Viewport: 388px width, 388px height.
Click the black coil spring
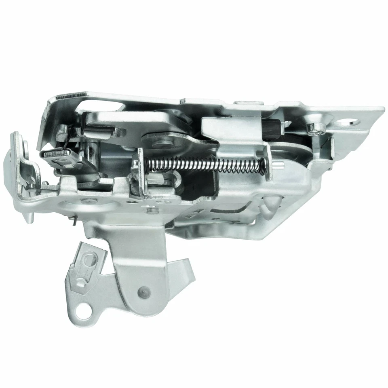tap(206, 164)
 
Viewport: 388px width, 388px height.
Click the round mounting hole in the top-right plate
tap(351, 121)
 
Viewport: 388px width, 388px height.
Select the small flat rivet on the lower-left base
tap(86, 200)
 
